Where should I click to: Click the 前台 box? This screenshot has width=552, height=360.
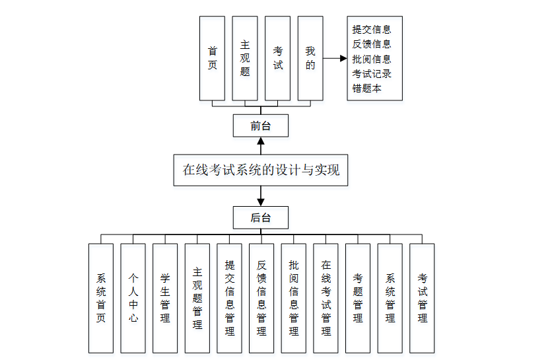pos(260,126)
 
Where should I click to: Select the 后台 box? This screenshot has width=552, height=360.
pos(260,217)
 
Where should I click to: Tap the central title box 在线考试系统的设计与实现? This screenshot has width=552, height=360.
pos(260,170)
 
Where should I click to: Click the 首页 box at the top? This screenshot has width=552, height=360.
pos(212,58)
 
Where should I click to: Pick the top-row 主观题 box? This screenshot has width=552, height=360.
pos(245,58)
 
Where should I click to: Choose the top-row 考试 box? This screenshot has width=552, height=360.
pos(277,58)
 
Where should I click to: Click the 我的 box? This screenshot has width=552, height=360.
pos(310,58)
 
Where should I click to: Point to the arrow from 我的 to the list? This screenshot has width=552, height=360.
pos(335,58)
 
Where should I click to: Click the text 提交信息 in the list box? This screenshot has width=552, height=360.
pos(372,30)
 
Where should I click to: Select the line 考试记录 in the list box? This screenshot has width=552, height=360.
pos(372,73)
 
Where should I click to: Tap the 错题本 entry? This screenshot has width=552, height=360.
pos(366,88)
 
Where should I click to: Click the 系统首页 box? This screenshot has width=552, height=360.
pos(101,298)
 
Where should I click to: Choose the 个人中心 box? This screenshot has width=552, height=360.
pos(133,298)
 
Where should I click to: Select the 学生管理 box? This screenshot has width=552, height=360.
pos(165,298)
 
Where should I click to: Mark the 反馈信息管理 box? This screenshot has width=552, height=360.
pos(261,298)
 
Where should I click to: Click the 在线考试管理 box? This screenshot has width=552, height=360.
pos(326,298)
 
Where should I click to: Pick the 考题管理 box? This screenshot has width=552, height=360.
pos(358,298)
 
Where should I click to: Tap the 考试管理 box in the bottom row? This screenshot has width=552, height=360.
pos(422,298)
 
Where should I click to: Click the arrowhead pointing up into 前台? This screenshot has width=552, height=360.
pos(261,141)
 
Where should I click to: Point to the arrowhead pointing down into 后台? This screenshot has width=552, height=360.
pos(261,200)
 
